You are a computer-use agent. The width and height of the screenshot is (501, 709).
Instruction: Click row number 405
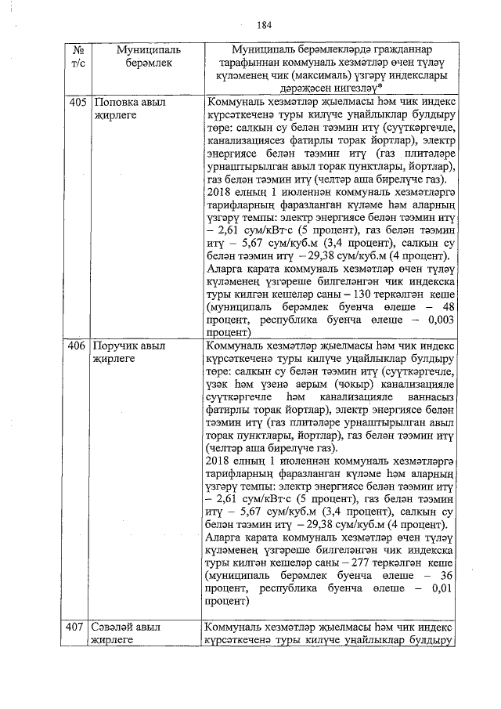[76, 102]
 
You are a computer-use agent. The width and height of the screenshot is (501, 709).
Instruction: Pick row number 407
[76, 627]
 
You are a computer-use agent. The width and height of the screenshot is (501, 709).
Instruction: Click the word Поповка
[115, 102]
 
